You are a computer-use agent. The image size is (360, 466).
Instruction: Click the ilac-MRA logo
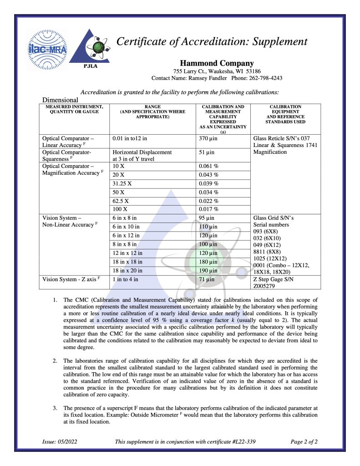[47, 50]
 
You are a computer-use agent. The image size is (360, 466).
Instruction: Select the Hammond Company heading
[217, 63]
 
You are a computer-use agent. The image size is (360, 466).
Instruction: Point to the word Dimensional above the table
[60, 100]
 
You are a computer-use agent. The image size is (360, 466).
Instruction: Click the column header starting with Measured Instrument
[74, 109]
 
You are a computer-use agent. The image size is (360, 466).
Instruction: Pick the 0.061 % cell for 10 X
[208, 166]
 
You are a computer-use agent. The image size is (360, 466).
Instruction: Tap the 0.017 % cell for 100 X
[208, 209]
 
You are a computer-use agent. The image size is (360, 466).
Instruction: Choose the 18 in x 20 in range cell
[127, 270]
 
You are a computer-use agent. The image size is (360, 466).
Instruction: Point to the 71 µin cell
[207, 279]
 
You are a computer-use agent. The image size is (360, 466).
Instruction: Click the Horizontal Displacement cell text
[142, 152]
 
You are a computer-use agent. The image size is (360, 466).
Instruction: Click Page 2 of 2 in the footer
[304, 441]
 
